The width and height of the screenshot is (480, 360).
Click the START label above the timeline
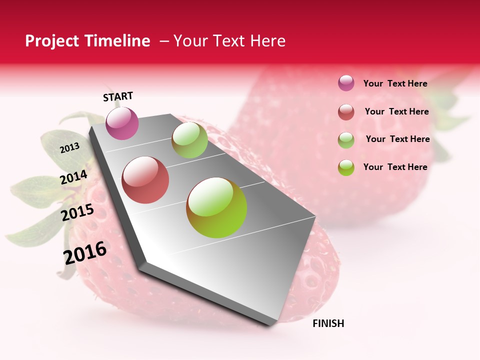point(118,96)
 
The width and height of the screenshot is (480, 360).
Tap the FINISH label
point(328,323)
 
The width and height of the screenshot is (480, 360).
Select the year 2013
point(69,148)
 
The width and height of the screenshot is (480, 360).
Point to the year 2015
point(77,212)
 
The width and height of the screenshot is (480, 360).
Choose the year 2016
point(85,253)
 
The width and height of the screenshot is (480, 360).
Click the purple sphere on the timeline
point(122,123)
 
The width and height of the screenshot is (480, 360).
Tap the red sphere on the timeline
point(145,180)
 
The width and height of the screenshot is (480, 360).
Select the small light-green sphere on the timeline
point(189,140)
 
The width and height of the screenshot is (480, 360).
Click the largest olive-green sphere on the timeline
point(216,207)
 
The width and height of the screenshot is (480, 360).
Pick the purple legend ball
point(346,83)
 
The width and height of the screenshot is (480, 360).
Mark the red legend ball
point(346,112)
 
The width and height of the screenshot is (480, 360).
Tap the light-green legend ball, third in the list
point(346,140)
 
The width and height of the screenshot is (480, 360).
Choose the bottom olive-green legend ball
point(346,167)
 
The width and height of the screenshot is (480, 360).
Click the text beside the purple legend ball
point(395,83)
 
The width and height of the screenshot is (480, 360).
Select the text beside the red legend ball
point(396,111)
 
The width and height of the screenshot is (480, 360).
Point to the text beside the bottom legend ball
point(395,167)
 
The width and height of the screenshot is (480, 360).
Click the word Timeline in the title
point(118,41)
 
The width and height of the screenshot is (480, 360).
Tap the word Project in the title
point(51,41)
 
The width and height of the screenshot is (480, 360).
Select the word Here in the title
point(267,41)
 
